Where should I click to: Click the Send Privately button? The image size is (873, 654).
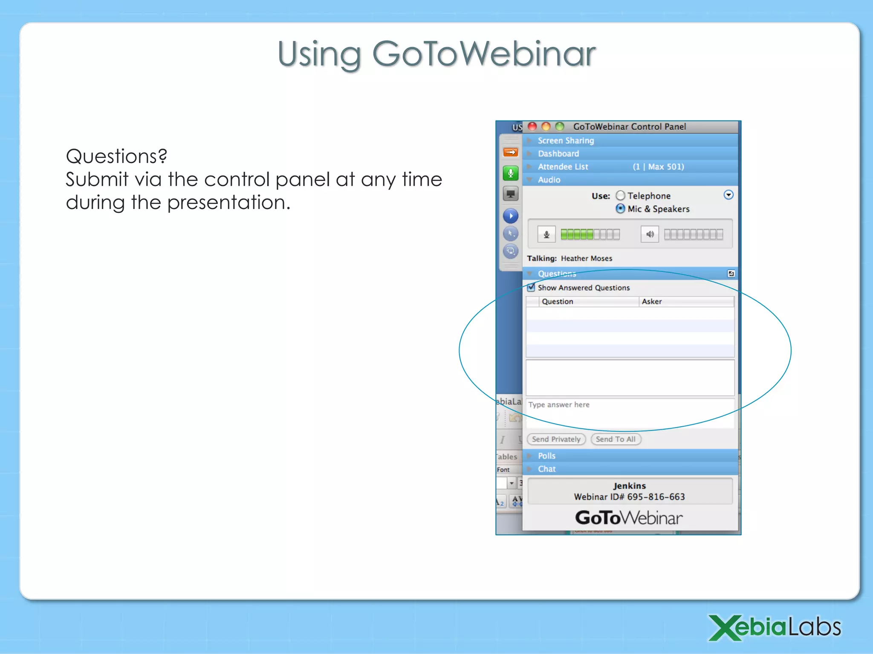556,439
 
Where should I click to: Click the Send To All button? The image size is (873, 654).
616,439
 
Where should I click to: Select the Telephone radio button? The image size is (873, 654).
621,195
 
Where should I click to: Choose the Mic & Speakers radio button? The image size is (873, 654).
621,209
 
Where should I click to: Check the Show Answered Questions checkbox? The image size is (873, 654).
531,287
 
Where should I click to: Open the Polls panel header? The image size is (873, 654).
546,456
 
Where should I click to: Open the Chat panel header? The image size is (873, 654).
546,469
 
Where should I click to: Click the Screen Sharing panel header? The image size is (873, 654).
565,141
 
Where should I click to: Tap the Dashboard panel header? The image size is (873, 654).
558,154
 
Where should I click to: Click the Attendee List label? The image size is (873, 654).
563,167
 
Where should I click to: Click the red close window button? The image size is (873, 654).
532,126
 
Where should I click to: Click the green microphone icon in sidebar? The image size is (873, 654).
511,173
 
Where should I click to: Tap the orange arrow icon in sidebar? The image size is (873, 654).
511,152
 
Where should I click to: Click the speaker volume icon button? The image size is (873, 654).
650,234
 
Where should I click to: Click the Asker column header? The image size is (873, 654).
652,301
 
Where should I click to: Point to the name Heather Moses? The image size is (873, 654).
586,258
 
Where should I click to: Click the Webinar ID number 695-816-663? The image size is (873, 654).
656,497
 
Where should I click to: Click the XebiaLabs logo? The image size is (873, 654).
774,627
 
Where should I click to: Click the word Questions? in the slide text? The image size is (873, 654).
116,156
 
